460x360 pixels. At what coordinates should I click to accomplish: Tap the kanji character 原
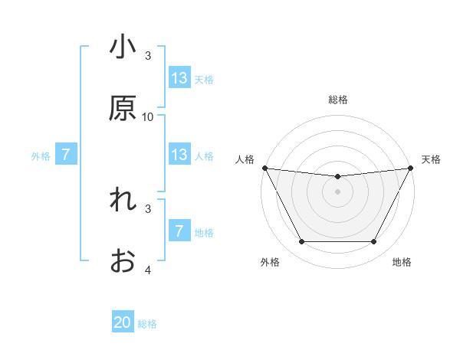click(x=123, y=109)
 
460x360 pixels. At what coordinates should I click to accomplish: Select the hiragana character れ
click(x=123, y=201)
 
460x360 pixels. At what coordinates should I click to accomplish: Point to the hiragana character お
click(x=123, y=261)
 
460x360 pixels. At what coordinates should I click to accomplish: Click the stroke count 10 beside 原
click(x=148, y=117)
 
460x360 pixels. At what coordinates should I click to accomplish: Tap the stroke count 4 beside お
click(x=148, y=270)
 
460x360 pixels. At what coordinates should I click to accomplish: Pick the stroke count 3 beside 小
click(x=148, y=56)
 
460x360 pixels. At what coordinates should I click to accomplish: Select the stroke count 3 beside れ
click(x=148, y=208)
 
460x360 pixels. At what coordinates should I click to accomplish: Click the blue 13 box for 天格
click(x=179, y=78)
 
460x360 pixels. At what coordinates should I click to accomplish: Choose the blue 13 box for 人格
click(x=179, y=155)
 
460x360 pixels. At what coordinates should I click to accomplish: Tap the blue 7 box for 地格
click(x=179, y=231)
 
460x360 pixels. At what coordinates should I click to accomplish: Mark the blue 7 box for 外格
click(x=66, y=155)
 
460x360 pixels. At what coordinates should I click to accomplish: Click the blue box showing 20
click(x=123, y=322)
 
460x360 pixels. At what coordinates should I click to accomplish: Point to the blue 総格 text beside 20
click(x=147, y=323)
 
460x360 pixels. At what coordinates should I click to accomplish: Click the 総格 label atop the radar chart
click(x=337, y=100)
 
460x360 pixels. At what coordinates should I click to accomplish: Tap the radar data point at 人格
click(x=264, y=168)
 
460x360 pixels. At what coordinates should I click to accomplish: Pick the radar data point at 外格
click(x=301, y=242)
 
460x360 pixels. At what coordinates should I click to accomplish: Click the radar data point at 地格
click(x=374, y=242)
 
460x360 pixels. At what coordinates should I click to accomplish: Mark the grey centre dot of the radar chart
click(x=337, y=191)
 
